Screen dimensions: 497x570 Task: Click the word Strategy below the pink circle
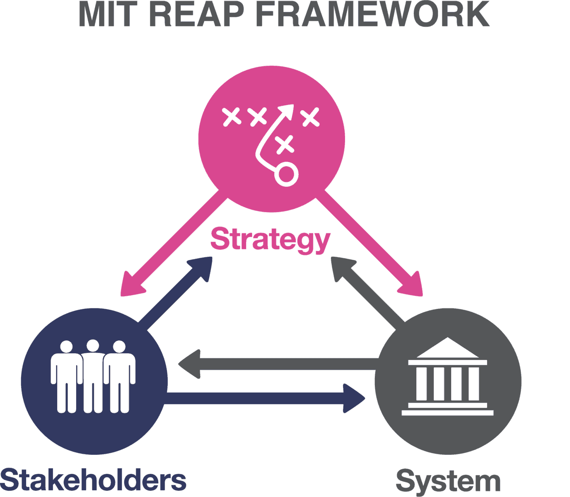click(270, 239)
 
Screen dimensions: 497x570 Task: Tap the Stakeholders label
click(93, 480)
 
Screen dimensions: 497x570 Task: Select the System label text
click(448, 482)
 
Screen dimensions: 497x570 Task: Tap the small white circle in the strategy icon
click(286, 174)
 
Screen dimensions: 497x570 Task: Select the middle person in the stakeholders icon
click(93, 375)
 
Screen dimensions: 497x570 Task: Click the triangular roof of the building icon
click(447, 349)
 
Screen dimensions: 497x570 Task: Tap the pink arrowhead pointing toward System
click(413, 286)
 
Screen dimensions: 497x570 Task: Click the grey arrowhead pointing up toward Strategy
click(342, 268)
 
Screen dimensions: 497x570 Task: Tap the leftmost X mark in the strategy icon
click(232, 116)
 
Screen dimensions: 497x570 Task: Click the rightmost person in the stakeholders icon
click(119, 375)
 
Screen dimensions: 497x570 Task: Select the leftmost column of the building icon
click(421, 384)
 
